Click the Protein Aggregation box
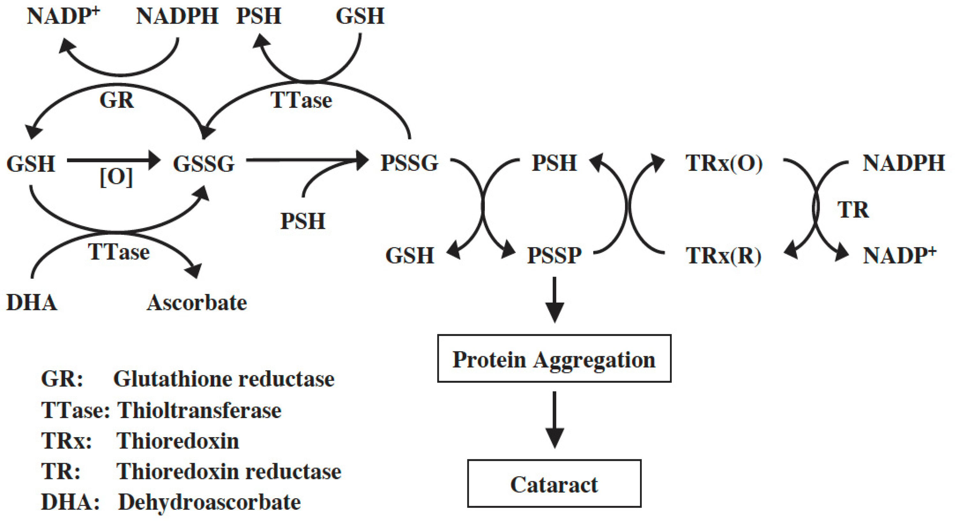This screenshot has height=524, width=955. click(554, 358)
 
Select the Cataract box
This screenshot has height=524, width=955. click(554, 483)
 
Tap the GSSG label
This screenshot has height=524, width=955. click(204, 163)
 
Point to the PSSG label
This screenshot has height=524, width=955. click(409, 163)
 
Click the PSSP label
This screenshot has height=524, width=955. click(554, 255)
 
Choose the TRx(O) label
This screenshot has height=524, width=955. click(724, 163)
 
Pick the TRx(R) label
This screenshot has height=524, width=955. click(724, 256)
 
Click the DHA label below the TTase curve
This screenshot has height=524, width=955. click(32, 303)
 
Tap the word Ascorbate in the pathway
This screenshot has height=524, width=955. click(197, 303)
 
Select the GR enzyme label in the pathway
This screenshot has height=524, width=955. click(117, 100)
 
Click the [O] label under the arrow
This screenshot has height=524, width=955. click(116, 177)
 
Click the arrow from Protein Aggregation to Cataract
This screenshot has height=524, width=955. click(554, 420)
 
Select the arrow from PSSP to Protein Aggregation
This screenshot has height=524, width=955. click(554, 299)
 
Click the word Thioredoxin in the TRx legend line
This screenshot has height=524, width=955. click(178, 441)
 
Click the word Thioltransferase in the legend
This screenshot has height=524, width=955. click(199, 410)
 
